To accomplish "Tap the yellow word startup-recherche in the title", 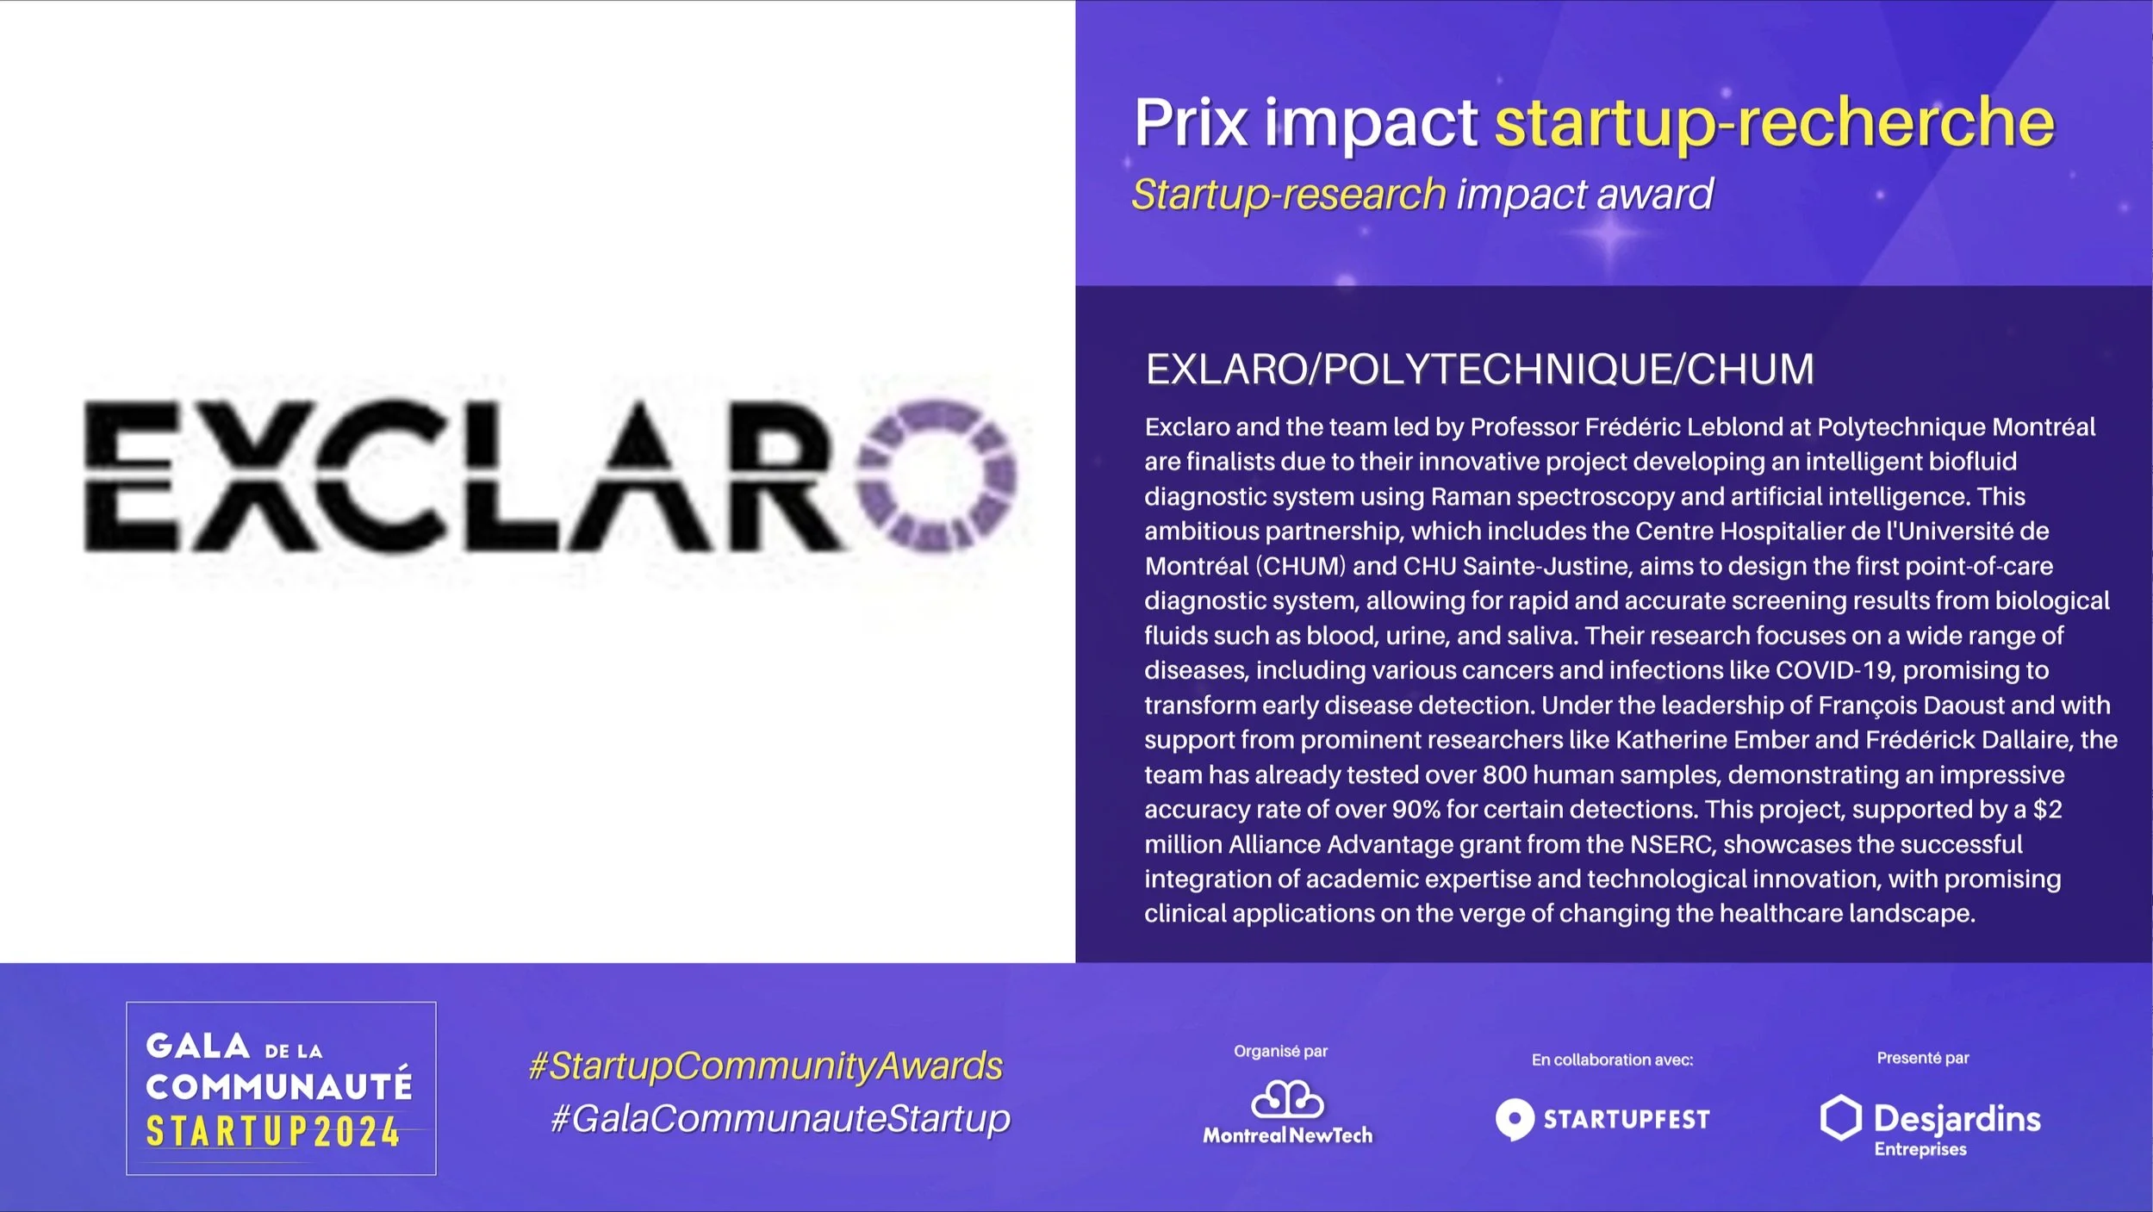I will pyautogui.click(x=1774, y=122).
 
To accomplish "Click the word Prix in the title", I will pyautogui.click(x=1191, y=122).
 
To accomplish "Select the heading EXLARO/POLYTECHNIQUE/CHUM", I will pyautogui.click(x=1479, y=369).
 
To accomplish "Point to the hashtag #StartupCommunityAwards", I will pyautogui.click(x=766, y=1066).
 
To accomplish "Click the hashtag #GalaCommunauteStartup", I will pyautogui.click(x=781, y=1118).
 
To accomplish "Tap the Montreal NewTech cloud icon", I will pyautogui.click(x=1287, y=1099).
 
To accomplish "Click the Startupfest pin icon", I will pyautogui.click(x=1515, y=1119).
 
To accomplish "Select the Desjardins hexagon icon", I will pyautogui.click(x=1840, y=1118).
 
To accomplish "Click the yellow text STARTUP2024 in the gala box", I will pyautogui.click(x=273, y=1132).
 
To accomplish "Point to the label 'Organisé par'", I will pyautogui.click(x=1280, y=1051).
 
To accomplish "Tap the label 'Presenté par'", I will pyautogui.click(x=1922, y=1058).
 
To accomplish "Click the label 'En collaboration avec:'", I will pyautogui.click(x=1612, y=1060).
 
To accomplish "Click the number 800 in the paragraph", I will pyautogui.click(x=1504, y=774).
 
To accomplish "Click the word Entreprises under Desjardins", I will pyautogui.click(x=1920, y=1149).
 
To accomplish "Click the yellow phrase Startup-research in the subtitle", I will pyautogui.click(x=1288, y=194).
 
